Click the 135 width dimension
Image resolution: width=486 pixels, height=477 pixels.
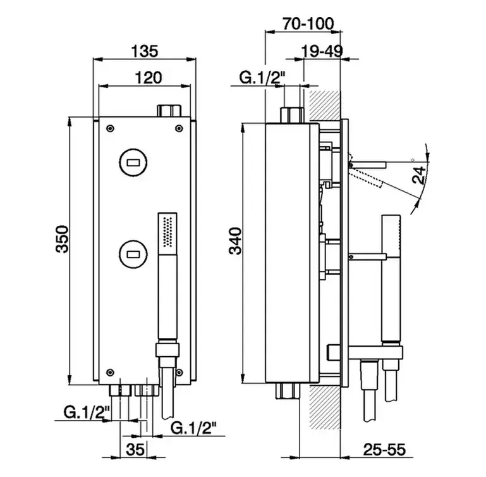click(145, 51)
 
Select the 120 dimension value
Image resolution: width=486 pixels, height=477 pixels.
click(148, 78)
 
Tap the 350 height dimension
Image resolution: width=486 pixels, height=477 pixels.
click(63, 239)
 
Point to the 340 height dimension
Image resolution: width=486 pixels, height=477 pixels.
click(235, 241)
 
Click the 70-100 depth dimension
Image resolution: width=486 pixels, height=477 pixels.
click(308, 23)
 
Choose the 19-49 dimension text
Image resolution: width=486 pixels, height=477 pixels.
click(322, 51)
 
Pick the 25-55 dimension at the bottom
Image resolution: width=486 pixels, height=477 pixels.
click(384, 449)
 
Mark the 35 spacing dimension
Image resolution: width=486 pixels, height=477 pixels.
click(135, 449)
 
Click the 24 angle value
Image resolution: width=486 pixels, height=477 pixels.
click(419, 175)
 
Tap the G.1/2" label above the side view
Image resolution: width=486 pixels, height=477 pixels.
click(262, 78)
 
